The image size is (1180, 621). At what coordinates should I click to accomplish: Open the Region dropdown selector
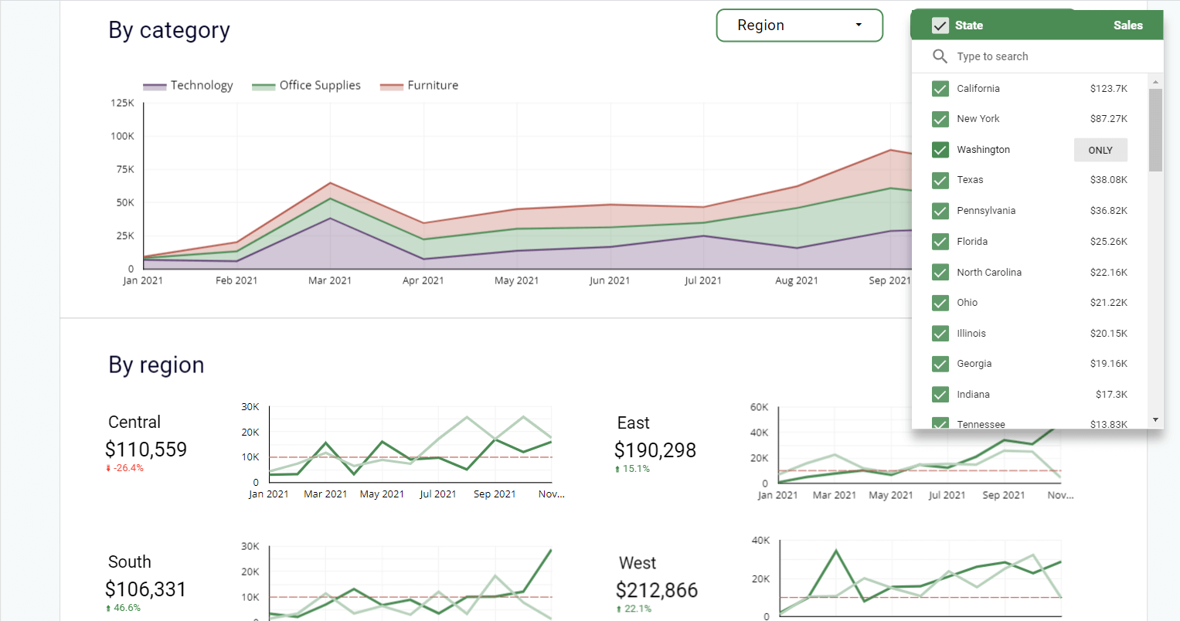click(799, 25)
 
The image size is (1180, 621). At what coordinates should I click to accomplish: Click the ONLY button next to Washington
click(1100, 150)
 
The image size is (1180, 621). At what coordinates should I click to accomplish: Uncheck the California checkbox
click(940, 89)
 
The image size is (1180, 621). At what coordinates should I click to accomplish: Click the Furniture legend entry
click(420, 86)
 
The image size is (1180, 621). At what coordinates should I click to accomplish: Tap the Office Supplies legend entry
click(307, 86)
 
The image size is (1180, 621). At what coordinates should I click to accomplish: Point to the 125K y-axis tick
click(122, 103)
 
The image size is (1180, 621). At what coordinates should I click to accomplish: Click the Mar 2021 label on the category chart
click(329, 280)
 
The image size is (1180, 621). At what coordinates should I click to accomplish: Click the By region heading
click(156, 365)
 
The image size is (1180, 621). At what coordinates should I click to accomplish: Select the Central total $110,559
click(146, 449)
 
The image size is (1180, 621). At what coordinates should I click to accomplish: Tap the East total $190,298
click(655, 450)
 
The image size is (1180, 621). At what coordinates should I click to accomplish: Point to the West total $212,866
click(656, 590)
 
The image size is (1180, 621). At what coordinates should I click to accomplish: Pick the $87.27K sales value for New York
click(1108, 119)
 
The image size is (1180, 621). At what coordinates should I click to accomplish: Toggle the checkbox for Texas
click(940, 180)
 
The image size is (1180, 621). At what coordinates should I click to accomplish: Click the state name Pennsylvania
click(986, 211)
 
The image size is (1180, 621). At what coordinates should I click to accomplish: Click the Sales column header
click(1127, 25)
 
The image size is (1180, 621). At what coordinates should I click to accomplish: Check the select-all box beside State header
click(940, 25)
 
